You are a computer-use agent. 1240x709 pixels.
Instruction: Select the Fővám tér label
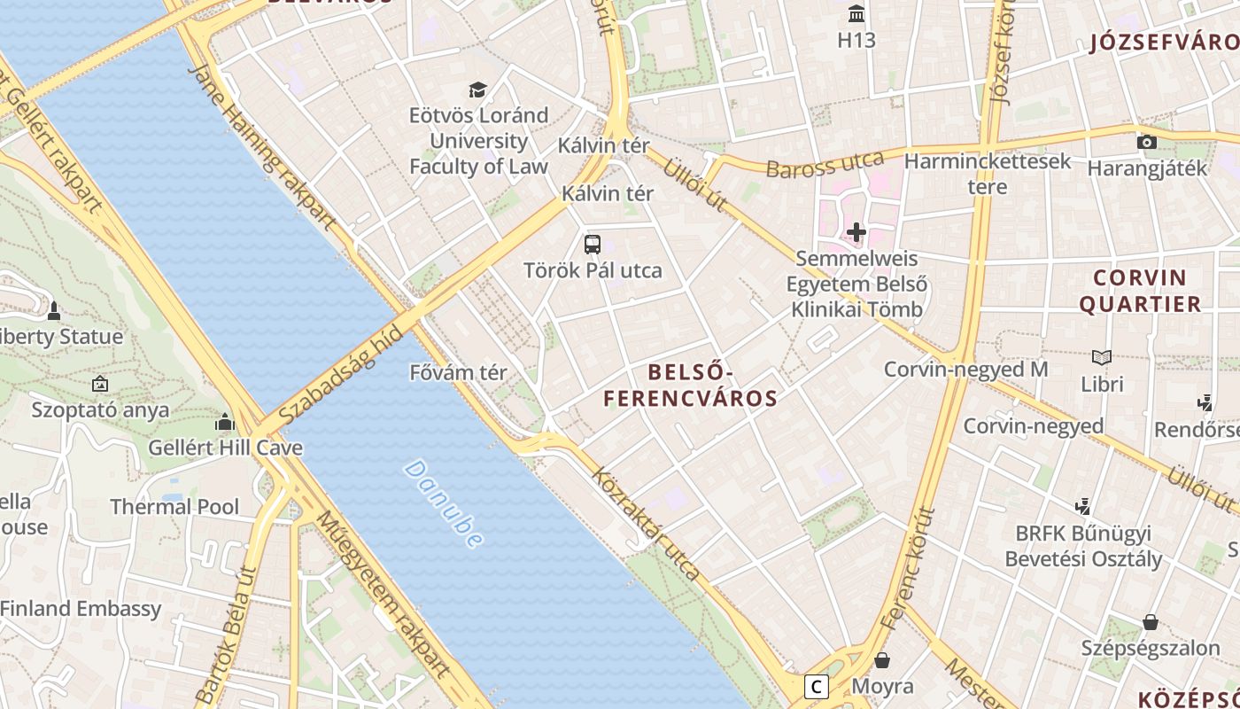pyautogui.click(x=459, y=372)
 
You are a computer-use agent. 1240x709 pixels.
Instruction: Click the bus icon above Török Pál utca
pyautogui.click(x=593, y=245)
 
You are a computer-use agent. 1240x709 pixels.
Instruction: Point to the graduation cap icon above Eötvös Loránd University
pyautogui.click(x=478, y=90)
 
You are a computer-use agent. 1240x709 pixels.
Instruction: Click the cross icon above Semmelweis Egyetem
pyautogui.click(x=856, y=233)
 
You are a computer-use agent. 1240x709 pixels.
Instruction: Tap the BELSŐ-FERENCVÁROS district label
pyautogui.click(x=690, y=386)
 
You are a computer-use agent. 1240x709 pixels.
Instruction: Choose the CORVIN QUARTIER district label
pyautogui.click(x=1139, y=291)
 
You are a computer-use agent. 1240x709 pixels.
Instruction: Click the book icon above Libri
pyautogui.click(x=1102, y=358)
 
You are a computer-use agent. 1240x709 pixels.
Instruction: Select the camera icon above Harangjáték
pyautogui.click(x=1147, y=142)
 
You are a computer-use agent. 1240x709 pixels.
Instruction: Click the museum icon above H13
pyautogui.click(x=856, y=14)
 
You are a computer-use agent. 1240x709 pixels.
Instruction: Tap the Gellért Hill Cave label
pyautogui.click(x=225, y=448)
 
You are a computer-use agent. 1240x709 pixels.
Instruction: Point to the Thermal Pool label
pyautogui.click(x=174, y=507)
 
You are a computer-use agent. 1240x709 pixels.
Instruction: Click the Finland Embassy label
pyautogui.click(x=81, y=609)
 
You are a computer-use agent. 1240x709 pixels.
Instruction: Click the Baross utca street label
pyautogui.click(x=825, y=165)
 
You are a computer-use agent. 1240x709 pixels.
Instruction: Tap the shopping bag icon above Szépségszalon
pyautogui.click(x=1150, y=622)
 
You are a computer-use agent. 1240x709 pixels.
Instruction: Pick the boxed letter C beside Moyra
pyautogui.click(x=816, y=686)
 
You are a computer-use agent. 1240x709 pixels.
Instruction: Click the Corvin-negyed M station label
pyautogui.click(x=965, y=370)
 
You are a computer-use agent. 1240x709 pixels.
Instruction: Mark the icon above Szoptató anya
pyautogui.click(x=100, y=385)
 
